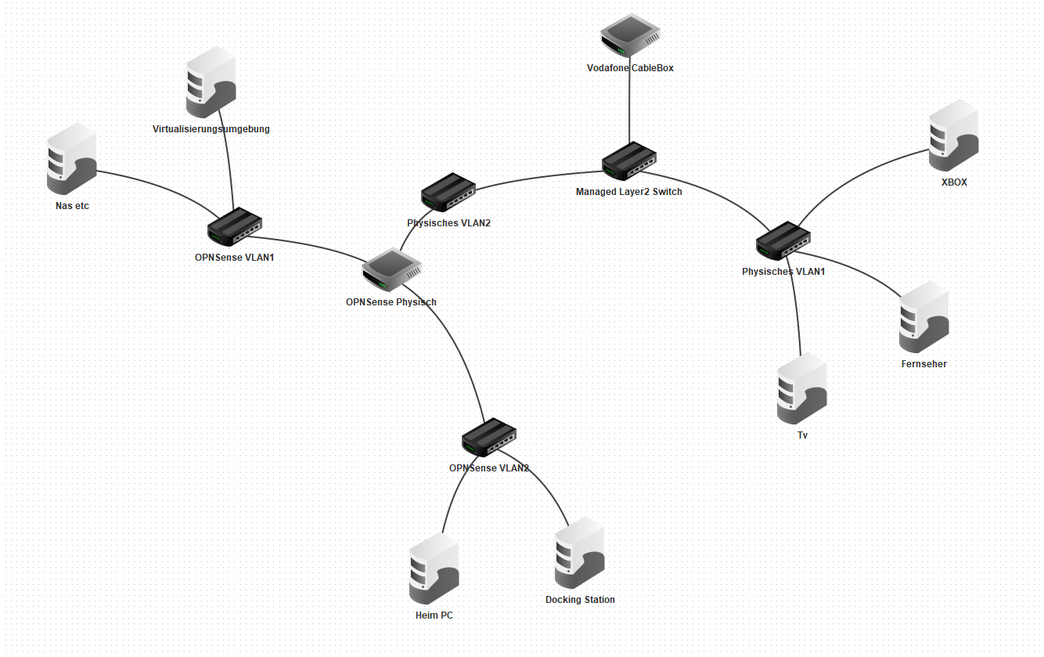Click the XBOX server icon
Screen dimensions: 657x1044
click(x=953, y=135)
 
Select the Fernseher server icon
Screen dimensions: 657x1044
click(x=923, y=317)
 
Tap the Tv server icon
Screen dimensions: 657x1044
click(x=802, y=389)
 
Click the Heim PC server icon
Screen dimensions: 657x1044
click(x=434, y=570)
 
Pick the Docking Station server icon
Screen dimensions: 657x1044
click(x=580, y=553)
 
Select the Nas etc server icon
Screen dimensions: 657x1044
click(x=71, y=160)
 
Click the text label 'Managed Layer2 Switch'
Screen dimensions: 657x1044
click(x=629, y=192)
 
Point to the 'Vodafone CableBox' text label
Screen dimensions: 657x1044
click(x=630, y=68)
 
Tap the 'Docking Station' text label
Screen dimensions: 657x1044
click(x=580, y=600)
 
